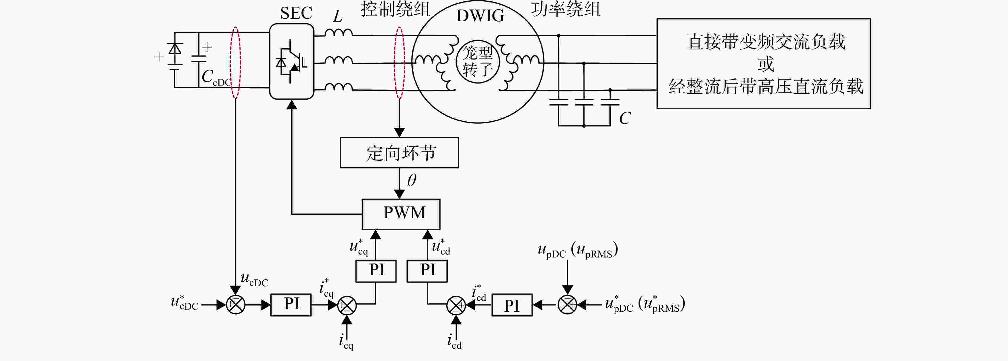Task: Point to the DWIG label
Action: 480,16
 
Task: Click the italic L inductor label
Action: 338,17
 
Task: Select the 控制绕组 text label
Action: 395,9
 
